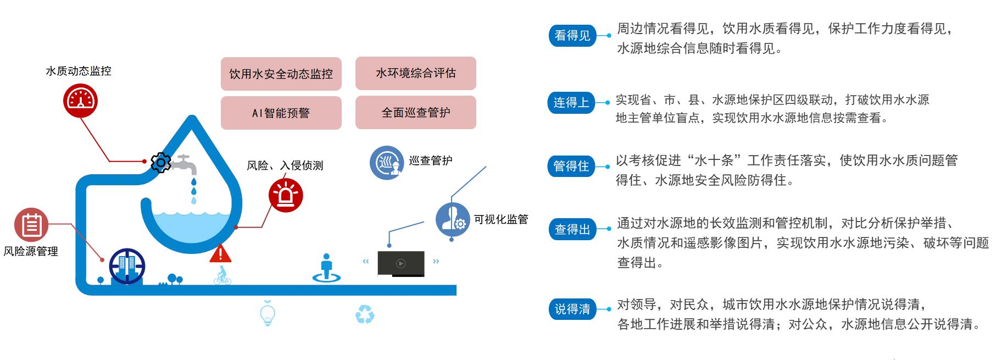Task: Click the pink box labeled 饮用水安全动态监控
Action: (x=281, y=74)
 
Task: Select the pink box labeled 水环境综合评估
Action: (x=416, y=73)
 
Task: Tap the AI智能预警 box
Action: (x=281, y=113)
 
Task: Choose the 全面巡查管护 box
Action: (x=416, y=112)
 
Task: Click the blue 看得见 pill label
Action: (x=572, y=36)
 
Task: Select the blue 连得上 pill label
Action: (x=571, y=102)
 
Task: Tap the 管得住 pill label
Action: (x=571, y=166)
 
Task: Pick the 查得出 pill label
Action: (x=572, y=229)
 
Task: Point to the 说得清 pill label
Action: (x=572, y=309)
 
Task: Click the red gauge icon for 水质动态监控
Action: (x=80, y=101)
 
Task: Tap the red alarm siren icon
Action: (x=286, y=195)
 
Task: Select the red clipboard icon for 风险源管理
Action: (x=31, y=225)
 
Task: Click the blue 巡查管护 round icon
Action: (x=387, y=163)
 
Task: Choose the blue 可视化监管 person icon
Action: (x=453, y=219)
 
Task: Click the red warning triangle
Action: (x=220, y=253)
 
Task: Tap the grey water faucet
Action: (x=183, y=163)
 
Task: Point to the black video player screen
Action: (x=401, y=263)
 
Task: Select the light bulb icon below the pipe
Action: (x=268, y=313)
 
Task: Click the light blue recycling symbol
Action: (x=365, y=314)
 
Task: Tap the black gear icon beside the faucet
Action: (x=160, y=162)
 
